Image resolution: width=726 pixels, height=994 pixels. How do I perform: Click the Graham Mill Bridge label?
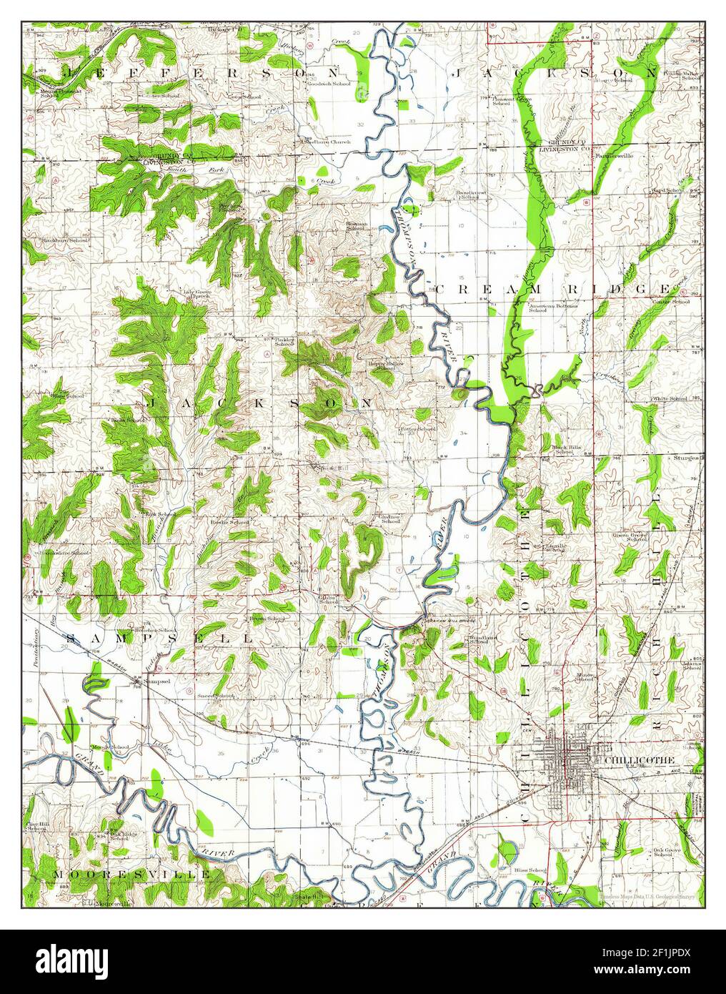tap(450, 621)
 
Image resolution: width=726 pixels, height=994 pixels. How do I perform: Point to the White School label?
tap(670, 398)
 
